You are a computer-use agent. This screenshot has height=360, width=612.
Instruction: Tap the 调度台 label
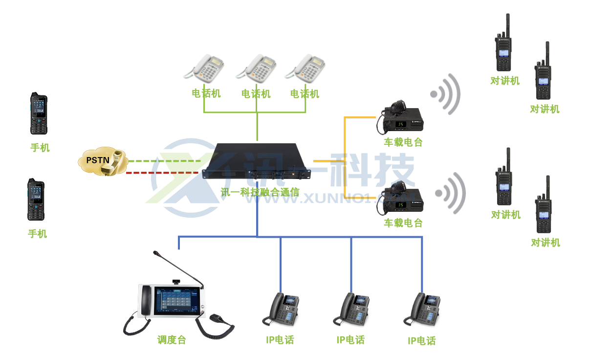pyautogui.click(x=172, y=340)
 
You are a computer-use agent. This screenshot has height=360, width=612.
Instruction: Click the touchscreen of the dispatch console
pyautogui.click(x=176, y=301)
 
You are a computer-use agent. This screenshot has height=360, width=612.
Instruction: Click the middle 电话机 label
pyautogui.click(x=256, y=93)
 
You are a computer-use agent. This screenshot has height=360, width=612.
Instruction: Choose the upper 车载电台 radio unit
pyautogui.click(x=400, y=120)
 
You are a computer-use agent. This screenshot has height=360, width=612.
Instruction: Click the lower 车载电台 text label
pyautogui.click(x=403, y=223)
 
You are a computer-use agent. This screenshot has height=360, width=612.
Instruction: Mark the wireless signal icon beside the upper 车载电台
pyautogui.click(x=446, y=94)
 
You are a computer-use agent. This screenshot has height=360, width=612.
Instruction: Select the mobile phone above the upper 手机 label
pyautogui.click(x=39, y=113)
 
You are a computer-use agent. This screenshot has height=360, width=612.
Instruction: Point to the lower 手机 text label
pyautogui.click(x=38, y=234)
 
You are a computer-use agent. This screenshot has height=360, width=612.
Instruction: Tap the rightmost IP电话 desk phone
pyautogui.click(x=422, y=309)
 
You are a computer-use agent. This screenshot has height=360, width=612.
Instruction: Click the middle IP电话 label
pyautogui.click(x=350, y=340)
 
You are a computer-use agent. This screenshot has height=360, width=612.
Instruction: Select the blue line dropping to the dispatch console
pyautogui.click(x=179, y=242)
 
